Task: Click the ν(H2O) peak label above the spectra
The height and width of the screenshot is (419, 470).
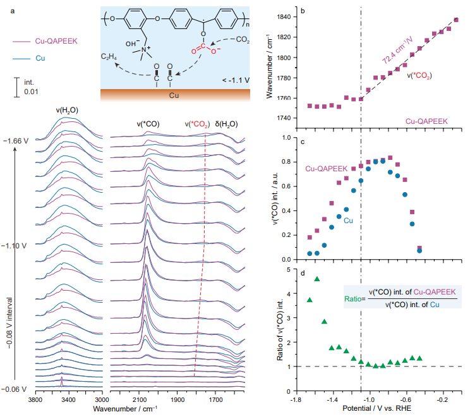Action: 67,110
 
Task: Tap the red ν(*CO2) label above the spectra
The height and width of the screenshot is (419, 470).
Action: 197,124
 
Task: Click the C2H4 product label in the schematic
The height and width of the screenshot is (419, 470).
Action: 109,57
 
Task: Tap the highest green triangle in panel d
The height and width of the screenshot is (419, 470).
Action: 317,279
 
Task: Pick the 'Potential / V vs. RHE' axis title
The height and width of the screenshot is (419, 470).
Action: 376,410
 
